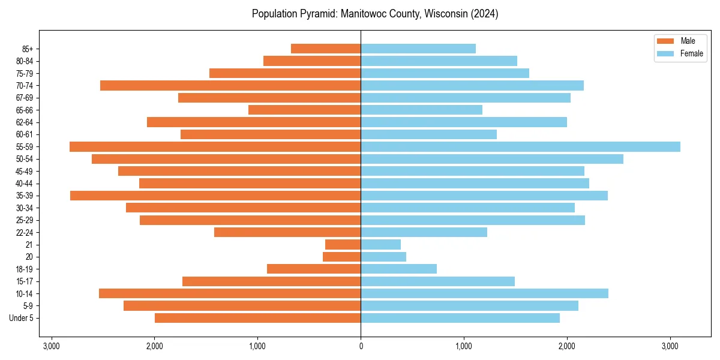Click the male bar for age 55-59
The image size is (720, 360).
tap(215, 146)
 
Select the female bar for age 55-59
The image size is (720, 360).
tap(520, 146)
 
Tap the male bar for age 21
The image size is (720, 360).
tap(343, 245)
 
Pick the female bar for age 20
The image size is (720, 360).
tap(383, 257)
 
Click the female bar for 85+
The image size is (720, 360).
tap(418, 49)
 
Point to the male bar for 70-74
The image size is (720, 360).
tap(230, 85)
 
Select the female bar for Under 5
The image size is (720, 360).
tap(460, 318)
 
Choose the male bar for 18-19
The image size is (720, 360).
tap(314, 269)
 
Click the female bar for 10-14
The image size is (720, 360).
tap(484, 293)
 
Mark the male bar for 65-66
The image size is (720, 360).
tap(304, 110)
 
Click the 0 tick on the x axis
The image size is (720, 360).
tap(361, 346)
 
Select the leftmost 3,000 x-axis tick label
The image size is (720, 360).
tap(51, 346)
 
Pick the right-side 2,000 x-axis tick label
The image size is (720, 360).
tap(567, 346)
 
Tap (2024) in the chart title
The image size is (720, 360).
tap(484, 14)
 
